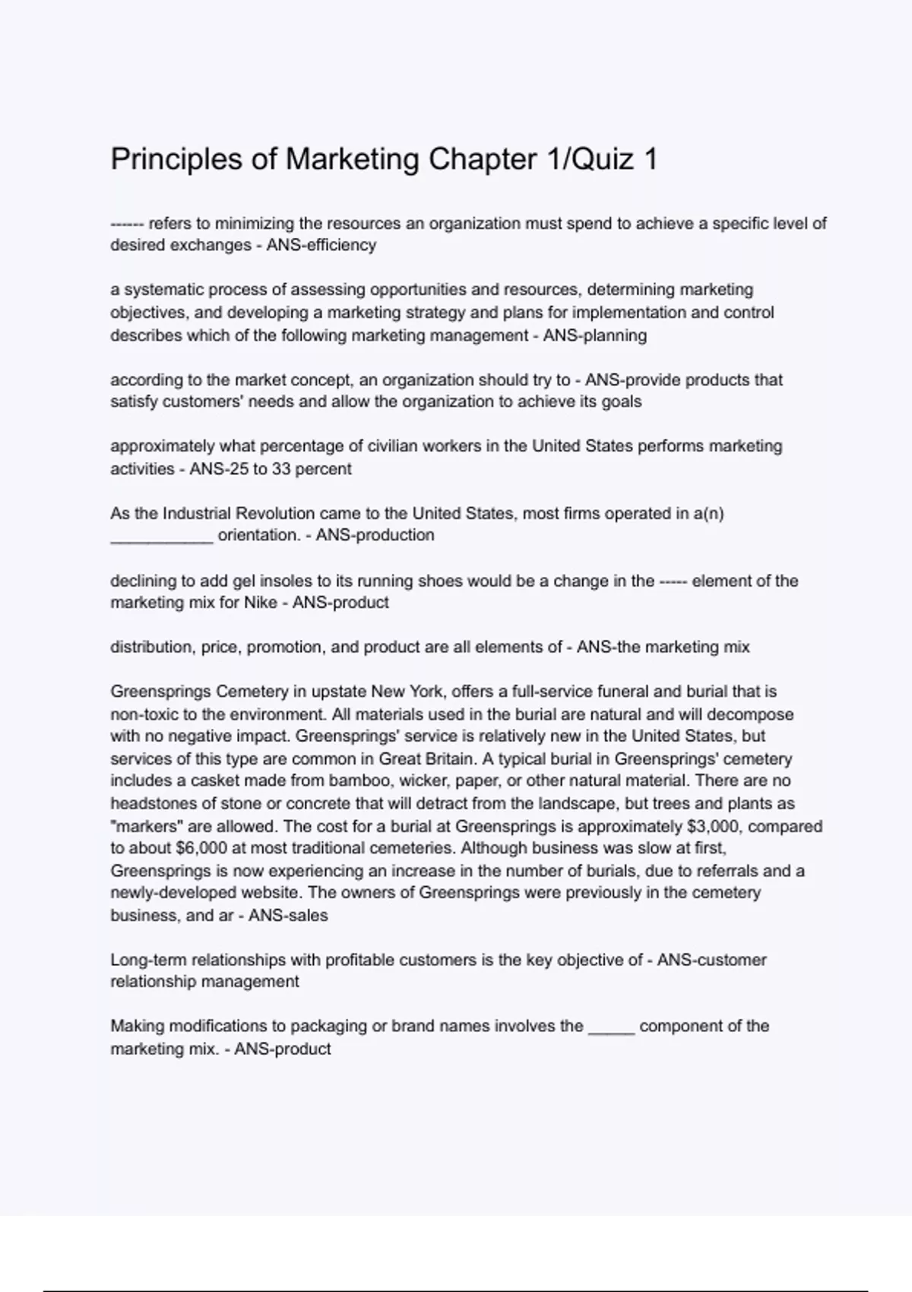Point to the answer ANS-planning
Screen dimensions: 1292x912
coord(594,335)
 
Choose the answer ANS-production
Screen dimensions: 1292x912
coord(375,535)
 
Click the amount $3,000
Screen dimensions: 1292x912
coord(713,826)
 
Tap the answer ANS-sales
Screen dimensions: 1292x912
coord(288,916)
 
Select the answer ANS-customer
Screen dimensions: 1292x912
coord(711,960)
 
